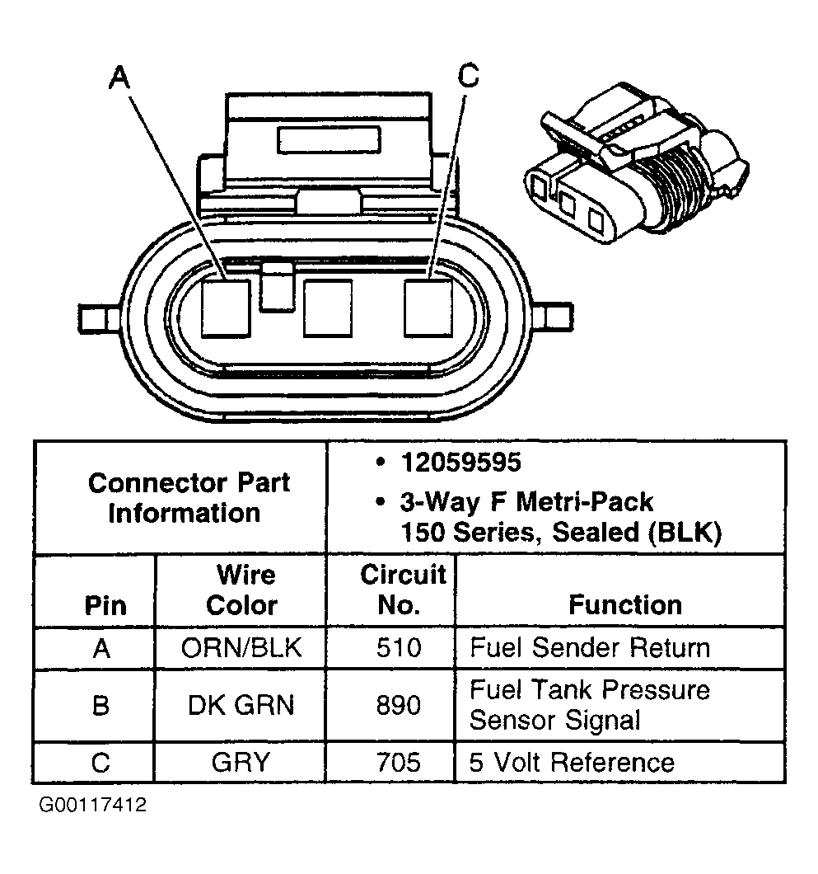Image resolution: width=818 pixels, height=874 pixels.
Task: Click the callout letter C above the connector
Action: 466,76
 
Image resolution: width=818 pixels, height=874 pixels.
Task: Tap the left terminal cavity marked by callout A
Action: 226,308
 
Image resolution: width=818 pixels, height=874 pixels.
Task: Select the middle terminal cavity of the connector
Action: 328,308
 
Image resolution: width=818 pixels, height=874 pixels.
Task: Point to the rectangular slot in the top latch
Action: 328,139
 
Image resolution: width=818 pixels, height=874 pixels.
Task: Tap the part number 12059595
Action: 460,463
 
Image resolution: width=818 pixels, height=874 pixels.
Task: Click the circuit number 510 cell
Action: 398,647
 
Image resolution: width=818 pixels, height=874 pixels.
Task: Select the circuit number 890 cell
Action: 398,705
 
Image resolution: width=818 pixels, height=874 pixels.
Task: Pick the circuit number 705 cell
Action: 398,762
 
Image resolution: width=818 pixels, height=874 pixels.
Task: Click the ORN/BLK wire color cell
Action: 241,647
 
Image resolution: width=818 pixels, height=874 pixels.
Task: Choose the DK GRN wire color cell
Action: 241,705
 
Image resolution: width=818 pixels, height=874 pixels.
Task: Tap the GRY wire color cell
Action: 241,762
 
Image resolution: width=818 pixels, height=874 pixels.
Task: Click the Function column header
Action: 625,604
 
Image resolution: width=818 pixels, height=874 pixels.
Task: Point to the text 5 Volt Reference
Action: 572,762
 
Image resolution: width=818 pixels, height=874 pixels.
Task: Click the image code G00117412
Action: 91,804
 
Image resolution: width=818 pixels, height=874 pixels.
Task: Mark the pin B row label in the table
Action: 100,705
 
